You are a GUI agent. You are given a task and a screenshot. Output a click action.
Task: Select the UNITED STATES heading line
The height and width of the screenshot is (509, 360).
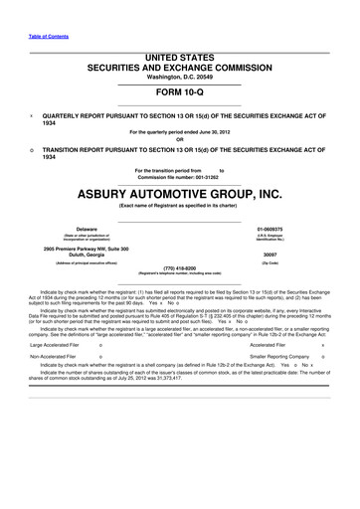180,59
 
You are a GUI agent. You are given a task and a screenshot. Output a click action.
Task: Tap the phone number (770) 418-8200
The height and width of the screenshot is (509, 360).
179,265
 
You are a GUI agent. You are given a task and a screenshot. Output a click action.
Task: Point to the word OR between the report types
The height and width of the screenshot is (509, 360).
179,137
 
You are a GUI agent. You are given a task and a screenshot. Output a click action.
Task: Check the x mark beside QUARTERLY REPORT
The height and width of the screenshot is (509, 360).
31,114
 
